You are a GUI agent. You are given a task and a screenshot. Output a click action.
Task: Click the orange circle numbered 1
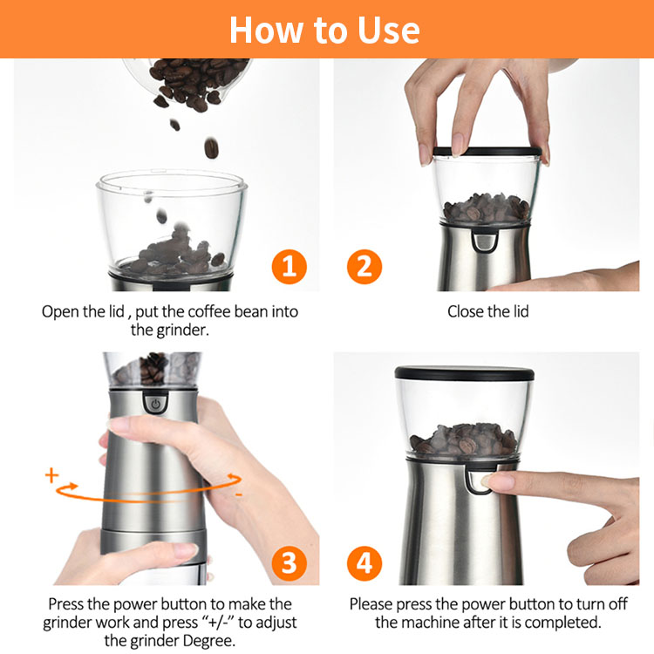coord(289,267)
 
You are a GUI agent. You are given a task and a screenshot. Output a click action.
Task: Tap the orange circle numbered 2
coord(364,267)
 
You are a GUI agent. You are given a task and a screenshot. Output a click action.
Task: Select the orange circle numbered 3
coord(289,563)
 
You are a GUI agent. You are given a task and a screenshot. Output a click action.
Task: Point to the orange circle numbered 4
coord(364,563)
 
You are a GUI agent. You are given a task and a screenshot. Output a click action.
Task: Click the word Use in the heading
coord(389,31)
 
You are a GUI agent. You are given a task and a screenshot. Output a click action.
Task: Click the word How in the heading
coord(266,31)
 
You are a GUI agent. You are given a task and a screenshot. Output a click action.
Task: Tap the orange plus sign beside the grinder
coord(51,475)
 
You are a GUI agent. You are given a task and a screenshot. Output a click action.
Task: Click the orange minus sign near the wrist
coord(239,495)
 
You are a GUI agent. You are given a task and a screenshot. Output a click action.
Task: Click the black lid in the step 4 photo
coord(464,373)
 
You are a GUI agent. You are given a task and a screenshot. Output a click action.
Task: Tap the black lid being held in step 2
coord(487,151)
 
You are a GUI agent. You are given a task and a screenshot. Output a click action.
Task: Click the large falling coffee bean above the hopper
coord(212,147)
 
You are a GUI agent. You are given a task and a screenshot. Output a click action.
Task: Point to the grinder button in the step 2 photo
coord(485,242)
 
